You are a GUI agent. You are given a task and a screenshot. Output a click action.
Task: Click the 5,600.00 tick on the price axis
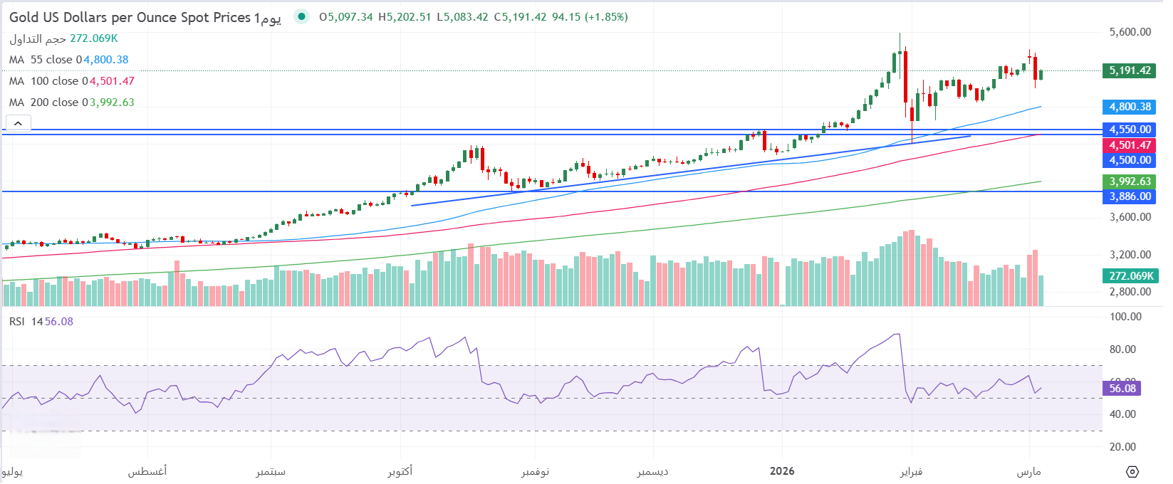click(1130, 32)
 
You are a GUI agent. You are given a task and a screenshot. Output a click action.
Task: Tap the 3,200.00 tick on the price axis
click(1130, 255)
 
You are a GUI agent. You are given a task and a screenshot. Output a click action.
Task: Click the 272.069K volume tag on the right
click(1130, 275)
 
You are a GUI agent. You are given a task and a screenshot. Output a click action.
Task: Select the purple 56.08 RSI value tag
click(1122, 388)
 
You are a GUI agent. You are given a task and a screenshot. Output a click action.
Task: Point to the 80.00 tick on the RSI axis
click(1125, 349)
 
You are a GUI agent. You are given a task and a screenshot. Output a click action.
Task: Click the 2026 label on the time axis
click(782, 471)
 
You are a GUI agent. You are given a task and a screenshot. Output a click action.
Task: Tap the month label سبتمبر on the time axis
click(271, 471)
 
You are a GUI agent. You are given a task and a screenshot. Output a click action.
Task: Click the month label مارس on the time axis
click(1028, 471)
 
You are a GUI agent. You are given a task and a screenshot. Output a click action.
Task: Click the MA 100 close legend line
click(71, 81)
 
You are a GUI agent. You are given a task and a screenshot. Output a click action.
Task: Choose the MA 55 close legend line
click(68, 60)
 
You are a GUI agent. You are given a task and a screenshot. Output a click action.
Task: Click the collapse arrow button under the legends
click(18, 123)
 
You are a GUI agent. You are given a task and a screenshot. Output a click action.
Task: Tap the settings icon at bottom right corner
click(1132, 471)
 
